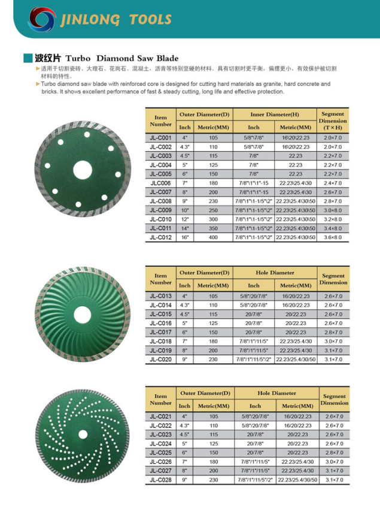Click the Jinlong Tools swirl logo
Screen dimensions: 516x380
point(43,20)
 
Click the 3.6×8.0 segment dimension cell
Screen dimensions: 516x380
point(333,238)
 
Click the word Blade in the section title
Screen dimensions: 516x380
point(167,58)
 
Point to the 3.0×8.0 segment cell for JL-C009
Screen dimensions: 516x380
point(333,211)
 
